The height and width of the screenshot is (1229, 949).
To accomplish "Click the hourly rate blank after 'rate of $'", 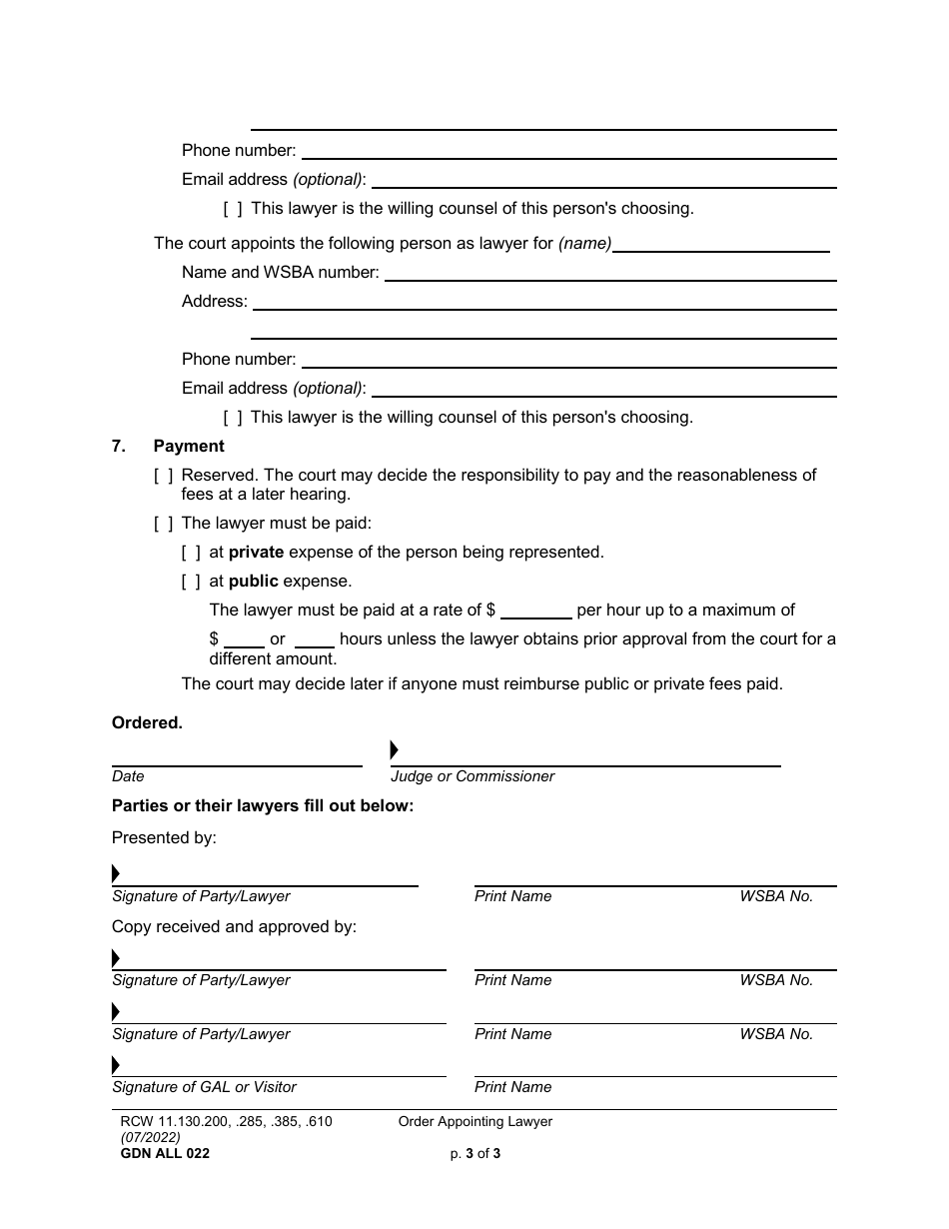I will [x=535, y=611].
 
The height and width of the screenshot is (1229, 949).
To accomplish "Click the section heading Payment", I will [x=189, y=446].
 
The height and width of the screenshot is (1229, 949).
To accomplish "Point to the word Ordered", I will [x=147, y=723].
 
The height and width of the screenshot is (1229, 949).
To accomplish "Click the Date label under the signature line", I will [x=128, y=776].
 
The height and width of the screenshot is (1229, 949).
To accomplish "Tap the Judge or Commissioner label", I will [x=473, y=776].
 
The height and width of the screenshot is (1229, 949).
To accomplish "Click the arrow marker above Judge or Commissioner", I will [x=395, y=749].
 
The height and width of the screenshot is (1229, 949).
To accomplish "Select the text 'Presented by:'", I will [x=164, y=837].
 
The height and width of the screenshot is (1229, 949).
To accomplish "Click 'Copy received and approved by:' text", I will [x=234, y=926].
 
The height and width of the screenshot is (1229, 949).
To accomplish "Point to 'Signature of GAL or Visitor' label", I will [x=204, y=1087].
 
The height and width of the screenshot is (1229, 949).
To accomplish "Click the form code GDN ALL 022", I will [x=165, y=1153].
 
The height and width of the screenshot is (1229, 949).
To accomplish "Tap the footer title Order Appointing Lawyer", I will [x=475, y=1121].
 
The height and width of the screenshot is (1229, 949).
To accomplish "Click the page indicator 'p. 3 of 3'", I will [x=475, y=1153].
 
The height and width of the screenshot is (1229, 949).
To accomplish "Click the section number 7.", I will [x=119, y=446].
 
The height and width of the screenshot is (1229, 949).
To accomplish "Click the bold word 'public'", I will [x=253, y=581].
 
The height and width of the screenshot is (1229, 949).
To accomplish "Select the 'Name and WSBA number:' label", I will [x=281, y=272].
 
